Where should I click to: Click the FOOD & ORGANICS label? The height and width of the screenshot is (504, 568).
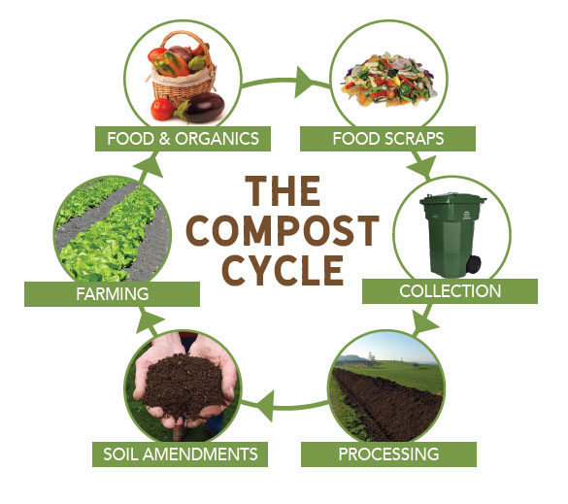click(x=183, y=139)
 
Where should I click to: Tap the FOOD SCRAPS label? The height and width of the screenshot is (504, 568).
click(x=387, y=139)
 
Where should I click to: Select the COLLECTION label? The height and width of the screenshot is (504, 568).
click(x=450, y=291)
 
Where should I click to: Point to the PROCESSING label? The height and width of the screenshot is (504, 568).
click(x=388, y=454)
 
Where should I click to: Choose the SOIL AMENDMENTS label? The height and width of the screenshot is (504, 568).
click(x=180, y=454)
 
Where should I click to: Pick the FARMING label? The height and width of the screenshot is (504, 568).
click(x=112, y=294)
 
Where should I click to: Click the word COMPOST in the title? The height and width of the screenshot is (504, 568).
click(x=283, y=230)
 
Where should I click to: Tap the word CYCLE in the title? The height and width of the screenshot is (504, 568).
click(x=283, y=270)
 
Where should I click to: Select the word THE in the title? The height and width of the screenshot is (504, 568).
click(x=283, y=191)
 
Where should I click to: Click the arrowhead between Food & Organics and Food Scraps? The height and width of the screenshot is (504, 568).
click(x=304, y=83)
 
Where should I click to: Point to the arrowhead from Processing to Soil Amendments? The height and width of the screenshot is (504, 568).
click(x=265, y=406)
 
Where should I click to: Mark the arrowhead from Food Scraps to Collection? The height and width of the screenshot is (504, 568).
click(x=422, y=167)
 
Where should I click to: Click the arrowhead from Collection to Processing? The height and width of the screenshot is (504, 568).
click(x=424, y=322)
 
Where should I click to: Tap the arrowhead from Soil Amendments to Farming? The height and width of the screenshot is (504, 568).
click(x=149, y=320)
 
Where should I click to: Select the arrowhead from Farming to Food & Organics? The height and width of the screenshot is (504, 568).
click(x=149, y=167)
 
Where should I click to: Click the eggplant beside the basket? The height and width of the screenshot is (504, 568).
click(x=201, y=107)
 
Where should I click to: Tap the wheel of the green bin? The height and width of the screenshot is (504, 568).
click(x=474, y=264)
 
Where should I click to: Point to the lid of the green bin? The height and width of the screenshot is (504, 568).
click(x=452, y=199)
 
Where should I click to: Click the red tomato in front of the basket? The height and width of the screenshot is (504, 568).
click(x=161, y=109)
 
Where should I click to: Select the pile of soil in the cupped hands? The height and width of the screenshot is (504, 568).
click(x=182, y=384)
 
